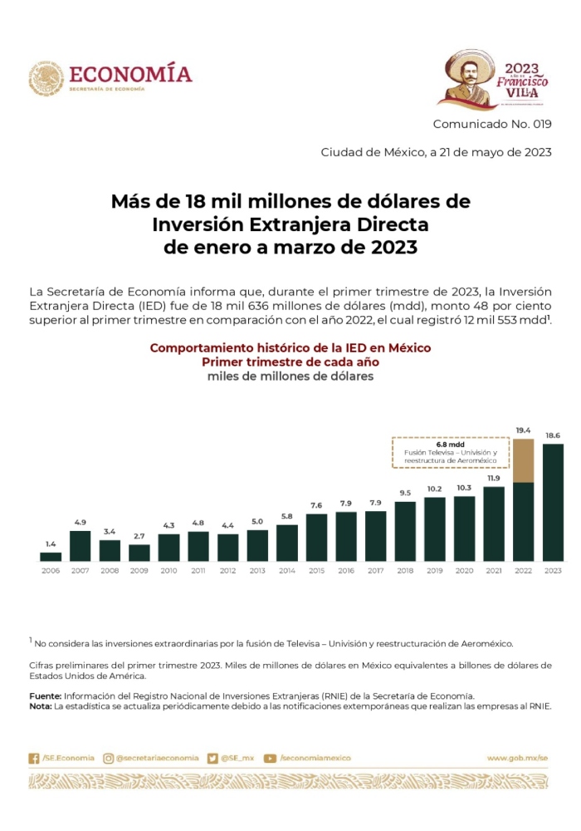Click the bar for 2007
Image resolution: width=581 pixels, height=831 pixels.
(x=80, y=546)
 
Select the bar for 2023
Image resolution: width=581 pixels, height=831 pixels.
(x=553, y=503)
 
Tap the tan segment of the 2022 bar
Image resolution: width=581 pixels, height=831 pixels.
(x=524, y=460)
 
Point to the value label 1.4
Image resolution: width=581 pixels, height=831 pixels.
(x=51, y=544)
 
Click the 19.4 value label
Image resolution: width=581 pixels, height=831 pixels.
(x=523, y=430)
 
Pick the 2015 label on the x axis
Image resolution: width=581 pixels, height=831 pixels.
(x=317, y=571)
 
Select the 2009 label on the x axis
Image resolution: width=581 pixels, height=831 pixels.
(x=139, y=571)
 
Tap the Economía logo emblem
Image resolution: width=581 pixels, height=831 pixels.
(x=46, y=77)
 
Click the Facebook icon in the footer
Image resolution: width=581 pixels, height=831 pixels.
(x=34, y=758)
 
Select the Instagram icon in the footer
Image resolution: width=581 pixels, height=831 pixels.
(x=108, y=758)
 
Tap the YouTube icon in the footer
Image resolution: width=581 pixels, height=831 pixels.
(x=270, y=758)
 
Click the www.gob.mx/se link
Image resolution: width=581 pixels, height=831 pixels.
(x=518, y=758)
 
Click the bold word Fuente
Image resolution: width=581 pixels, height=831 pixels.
(x=45, y=695)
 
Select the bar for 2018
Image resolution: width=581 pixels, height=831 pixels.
(x=405, y=531)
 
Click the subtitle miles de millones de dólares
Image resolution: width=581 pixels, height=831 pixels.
(x=290, y=376)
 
